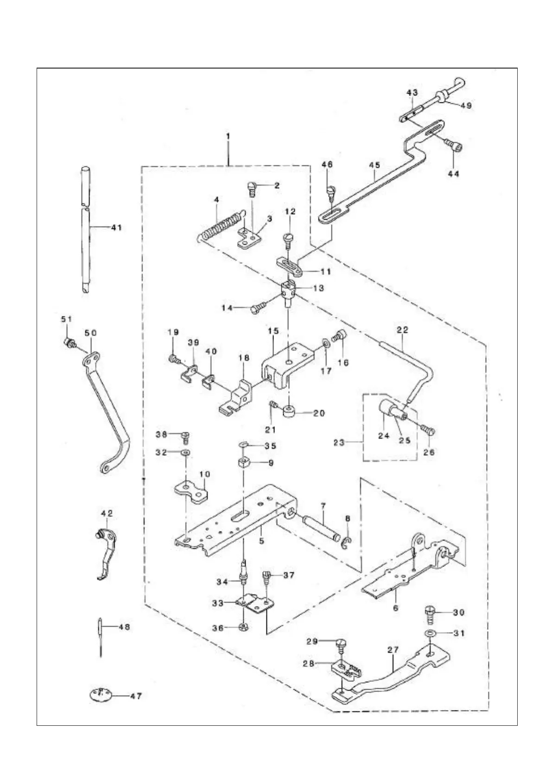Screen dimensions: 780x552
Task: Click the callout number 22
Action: coord(402,330)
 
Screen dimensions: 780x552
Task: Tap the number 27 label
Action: coord(393,650)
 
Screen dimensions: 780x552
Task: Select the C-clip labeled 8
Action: coord(348,542)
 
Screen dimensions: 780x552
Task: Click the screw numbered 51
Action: coord(70,343)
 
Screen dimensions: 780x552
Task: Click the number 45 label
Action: coord(374,165)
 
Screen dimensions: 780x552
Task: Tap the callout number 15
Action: coord(273,331)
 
